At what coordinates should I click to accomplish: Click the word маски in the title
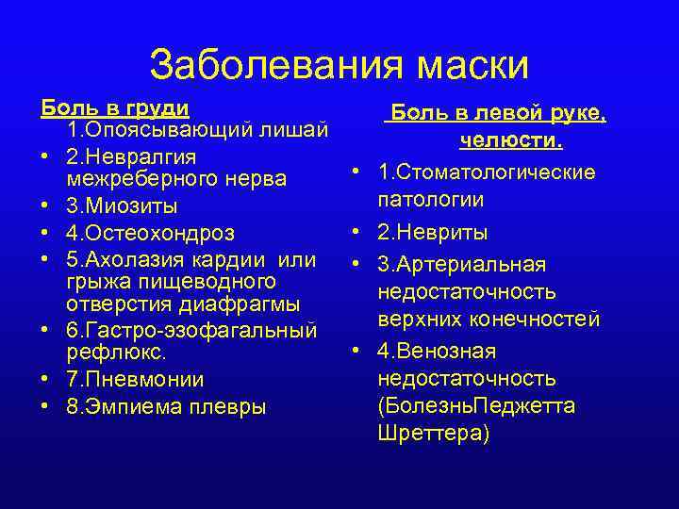(466, 65)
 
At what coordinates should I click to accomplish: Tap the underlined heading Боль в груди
(115, 107)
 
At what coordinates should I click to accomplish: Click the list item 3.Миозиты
(122, 205)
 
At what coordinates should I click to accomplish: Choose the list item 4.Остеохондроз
(150, 232)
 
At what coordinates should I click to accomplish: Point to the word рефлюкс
(116, 353)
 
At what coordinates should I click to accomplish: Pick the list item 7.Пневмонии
(135, 380)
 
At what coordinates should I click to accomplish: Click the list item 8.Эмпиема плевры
(166, 407)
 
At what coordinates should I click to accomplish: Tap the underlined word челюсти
(511, 141)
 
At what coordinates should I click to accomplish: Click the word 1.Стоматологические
(486, 172)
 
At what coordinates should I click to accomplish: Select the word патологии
(431, 200)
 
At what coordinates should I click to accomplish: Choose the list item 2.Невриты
(432, 232)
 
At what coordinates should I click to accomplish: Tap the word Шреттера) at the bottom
(432, 434)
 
